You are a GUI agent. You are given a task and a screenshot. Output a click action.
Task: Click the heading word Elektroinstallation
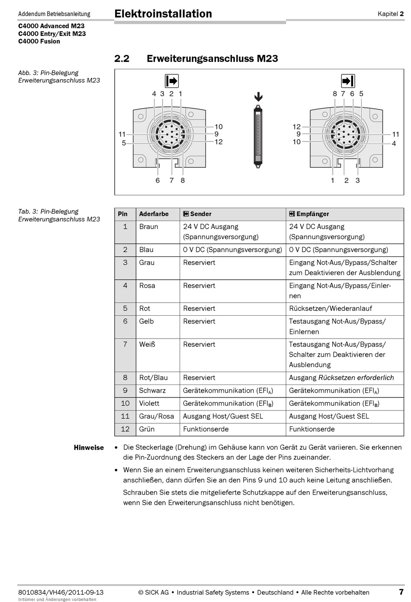(x=163, y=14)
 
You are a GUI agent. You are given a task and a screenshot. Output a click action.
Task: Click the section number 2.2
(x=122, y=58)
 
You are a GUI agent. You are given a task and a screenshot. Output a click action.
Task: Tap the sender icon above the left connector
(x=172, y=81)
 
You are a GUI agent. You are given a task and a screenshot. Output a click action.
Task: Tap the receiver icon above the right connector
(x=348, y=81)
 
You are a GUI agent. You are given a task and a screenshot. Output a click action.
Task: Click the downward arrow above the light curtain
(x=258, y=96)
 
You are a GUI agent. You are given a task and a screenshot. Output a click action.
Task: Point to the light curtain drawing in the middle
(x=258, y=135)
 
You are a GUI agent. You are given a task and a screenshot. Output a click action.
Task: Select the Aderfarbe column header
(x=154, y=214)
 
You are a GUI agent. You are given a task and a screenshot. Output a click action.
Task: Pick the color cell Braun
(x=148, y=227)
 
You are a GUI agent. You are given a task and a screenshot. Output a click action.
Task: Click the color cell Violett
(x=149, y=403)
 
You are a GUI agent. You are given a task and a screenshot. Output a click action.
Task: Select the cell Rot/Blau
(x=153, y=378)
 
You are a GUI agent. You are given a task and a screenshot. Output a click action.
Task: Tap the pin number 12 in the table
(x=125, y=429)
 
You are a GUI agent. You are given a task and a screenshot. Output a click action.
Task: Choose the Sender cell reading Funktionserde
(x=205, y=429)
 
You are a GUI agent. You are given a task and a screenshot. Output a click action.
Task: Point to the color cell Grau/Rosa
(x=156, y=416)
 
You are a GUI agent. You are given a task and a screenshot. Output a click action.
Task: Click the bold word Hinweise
(x=89, y=448)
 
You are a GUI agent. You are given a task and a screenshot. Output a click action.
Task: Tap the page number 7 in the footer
(x=401, y=592)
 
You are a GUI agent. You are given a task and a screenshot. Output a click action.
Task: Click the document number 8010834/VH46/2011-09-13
(x=61, y=592)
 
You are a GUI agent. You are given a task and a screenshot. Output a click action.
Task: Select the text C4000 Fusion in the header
(x=39, y=42)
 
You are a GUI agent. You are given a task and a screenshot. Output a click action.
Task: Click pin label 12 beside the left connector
(x=218, y=142)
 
